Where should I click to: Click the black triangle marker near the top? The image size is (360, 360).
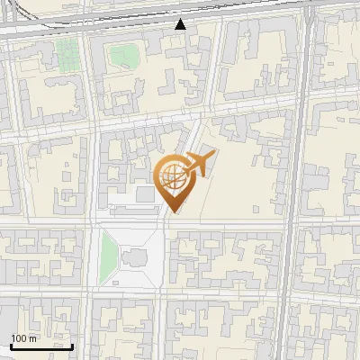[x=181, y=24]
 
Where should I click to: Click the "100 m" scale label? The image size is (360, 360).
[x=24, y=339]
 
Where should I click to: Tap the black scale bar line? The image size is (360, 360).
[x=41, y=346]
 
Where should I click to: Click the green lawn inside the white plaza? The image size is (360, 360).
[x=109, y=254]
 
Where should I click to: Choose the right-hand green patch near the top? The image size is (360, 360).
[x=121, y=56]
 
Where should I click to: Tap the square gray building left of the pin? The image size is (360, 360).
[x=145, y=195]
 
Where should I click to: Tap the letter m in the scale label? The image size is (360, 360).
[x=33, y=339]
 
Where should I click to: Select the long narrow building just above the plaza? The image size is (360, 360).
[x=130, y=211]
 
